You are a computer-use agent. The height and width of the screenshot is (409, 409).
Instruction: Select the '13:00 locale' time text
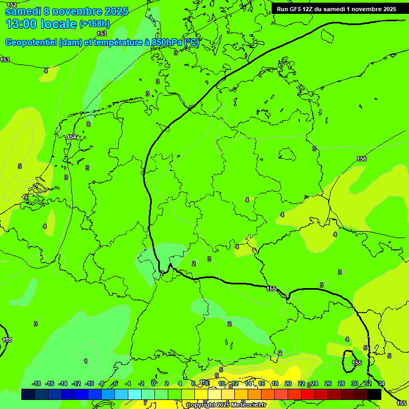point(40,24)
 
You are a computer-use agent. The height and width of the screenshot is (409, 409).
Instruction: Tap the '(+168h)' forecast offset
point(94,24)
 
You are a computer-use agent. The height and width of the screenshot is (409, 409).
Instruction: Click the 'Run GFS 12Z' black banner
point(337,9)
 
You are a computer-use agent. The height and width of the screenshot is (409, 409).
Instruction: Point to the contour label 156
point(362,159)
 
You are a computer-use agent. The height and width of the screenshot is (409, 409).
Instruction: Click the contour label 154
point(71,137)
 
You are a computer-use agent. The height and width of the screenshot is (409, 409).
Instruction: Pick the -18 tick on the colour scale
point(36,383)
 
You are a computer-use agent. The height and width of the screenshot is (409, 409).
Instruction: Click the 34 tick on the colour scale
point(381,383)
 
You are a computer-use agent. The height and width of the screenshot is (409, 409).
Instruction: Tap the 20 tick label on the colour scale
point(288,383)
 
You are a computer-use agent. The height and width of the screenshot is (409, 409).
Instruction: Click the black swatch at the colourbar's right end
point(374,394)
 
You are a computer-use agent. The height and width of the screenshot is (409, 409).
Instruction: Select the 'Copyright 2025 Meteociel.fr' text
point(226,405)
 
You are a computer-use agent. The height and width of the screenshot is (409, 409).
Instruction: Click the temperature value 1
point(86,361)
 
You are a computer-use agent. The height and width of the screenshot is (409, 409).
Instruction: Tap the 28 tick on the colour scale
point(341,383)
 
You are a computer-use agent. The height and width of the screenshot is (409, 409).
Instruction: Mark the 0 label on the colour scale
point(154,383)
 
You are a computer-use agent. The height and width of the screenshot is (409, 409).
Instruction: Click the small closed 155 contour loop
point(350,361)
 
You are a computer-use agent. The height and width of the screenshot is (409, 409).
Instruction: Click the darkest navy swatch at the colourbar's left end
point(28,394)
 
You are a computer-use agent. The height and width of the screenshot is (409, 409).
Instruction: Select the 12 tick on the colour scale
point(235,383)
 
